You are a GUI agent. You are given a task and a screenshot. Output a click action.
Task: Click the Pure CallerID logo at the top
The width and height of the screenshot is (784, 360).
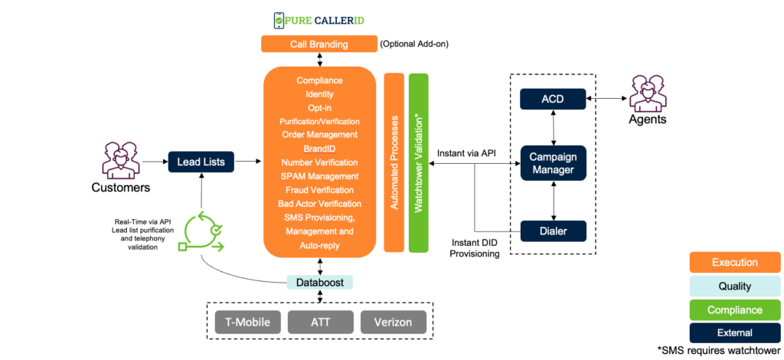[x=318, y=21]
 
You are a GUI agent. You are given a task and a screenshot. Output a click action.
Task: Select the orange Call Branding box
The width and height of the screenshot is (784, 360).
[x=318, y=44]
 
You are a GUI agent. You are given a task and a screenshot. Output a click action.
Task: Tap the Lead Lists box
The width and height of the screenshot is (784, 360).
[x=201, y=162]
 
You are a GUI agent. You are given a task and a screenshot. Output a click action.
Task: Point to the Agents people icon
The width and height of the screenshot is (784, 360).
[x=648, y=93]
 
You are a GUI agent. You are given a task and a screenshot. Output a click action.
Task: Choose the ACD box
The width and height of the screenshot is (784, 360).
[x=553, y=99]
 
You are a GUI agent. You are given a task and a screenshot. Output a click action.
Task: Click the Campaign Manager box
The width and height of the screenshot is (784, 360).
[x=553, y=163]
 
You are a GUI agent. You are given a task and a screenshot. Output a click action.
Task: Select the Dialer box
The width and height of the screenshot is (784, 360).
[x=553, y=231]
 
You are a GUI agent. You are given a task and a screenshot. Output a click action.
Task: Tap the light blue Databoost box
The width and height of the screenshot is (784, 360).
[x=319, y=283]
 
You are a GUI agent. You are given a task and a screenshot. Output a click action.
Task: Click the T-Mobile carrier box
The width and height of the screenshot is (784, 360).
[x=247, y=322]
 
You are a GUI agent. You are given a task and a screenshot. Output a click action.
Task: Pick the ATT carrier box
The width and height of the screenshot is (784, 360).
[x=320, y=322]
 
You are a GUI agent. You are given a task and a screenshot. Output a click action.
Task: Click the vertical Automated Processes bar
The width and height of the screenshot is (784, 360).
[x=394, y=162]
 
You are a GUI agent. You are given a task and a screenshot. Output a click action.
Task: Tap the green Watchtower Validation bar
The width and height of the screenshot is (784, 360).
[x=418, y=162]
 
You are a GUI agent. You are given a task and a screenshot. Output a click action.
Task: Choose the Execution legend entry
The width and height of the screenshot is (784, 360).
[x=734, y=262]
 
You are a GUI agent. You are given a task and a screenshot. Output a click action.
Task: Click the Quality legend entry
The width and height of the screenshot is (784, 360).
[x=734, y=286]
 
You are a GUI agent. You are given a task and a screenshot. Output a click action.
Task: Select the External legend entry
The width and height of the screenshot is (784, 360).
[x=734, y=332]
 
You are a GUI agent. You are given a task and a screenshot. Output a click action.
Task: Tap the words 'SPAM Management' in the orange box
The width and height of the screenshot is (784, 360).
[x=318, y=176]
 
